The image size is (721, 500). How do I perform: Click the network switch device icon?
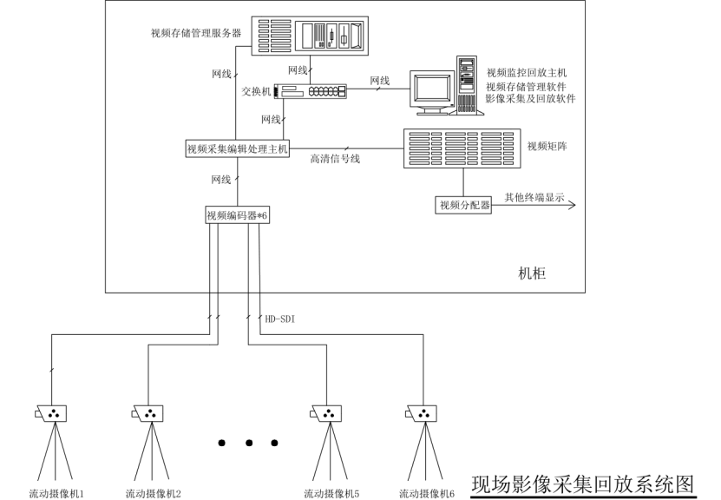coord(310,90)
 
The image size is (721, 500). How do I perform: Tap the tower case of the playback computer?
coord(467,84)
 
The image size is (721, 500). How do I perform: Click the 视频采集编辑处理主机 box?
coord(237,149)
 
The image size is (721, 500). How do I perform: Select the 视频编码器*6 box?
coord(237,215)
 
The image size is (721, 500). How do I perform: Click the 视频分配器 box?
coord(464,205)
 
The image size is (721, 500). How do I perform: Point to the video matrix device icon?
coord(462,148)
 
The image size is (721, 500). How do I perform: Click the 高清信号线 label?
coord(335,159)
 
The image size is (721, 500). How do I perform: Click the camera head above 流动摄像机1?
coord(53,412)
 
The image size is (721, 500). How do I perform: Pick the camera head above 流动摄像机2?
coord(148,412)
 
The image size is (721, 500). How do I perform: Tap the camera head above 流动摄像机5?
coord(328,412)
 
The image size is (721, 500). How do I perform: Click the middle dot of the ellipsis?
coord(248,444)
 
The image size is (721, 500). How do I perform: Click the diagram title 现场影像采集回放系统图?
coord(583,484)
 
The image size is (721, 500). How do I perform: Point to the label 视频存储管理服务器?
coord(196,34)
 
